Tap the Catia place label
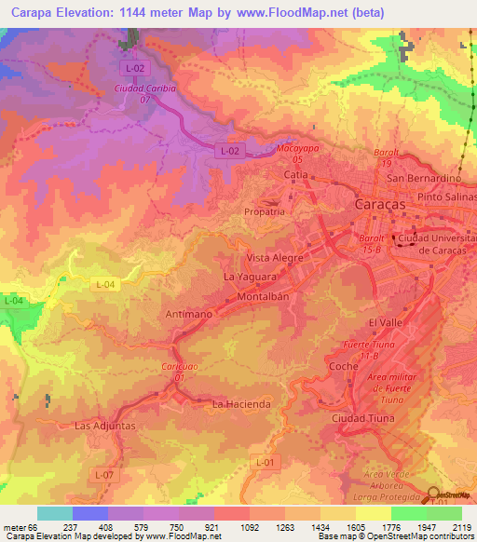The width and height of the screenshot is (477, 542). (x=295, y=174)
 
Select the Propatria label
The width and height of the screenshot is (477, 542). (x=264, y=212)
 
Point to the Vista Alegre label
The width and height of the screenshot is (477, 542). (x=276, y=257)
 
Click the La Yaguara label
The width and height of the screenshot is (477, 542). (x=249, y=277)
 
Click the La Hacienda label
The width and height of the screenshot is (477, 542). (x=241, y=404)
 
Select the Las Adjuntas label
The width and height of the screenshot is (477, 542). (x=105, y=426)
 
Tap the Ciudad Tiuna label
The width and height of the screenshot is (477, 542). (x=363, y=418)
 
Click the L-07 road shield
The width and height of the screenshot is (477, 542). (x=103, y=475)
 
